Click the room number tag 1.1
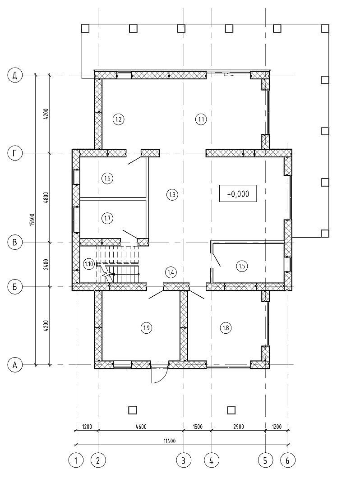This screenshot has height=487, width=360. pyautogui.click(x=201, y=119)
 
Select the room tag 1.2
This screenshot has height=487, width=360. pyautogui.click(x=118, y=119)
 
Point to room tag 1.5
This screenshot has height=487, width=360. pyautogui.click(x=242, y=266)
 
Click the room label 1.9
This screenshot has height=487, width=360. pyautogui.click(x=146, y=328)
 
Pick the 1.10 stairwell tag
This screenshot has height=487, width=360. pyautogui.click(x=89, y=264)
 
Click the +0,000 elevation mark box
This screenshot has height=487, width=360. pyautogui.click(x=238, y=193)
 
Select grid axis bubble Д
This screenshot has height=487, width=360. pyautogui.click(x=14, y=75)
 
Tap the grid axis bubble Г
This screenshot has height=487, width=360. pyautogui.click(x=14, y=153)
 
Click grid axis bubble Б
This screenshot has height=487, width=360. pyautogui.click(x=14, y=287)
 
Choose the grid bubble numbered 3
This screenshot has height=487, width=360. pyautogui.click(x=184, y=460)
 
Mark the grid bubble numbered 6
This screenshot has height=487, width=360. pyautogui.click(x=288, y=460)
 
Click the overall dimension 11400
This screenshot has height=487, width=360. pyautogui.click(x=169, y=441)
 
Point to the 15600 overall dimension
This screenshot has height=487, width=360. pyautogui.click(x=32, y=220)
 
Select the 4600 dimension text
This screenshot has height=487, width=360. pyautogui.click(x=141, y=427)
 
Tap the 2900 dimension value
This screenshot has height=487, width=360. pyautogui.click(x=238, y=427)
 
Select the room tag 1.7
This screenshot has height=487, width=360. pyautogui.click(x=107, y=218)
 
